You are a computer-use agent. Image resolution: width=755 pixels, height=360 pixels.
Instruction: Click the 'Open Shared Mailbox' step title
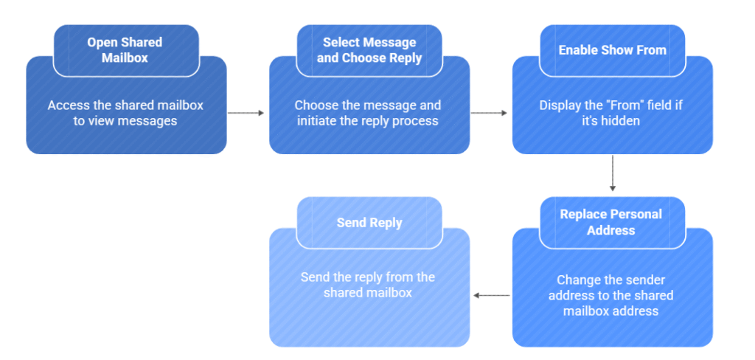click(125, 49)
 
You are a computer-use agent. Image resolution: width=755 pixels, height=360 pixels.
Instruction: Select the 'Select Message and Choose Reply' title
click(369, 49)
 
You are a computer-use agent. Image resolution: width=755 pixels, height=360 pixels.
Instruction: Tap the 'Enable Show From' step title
click(612, 50)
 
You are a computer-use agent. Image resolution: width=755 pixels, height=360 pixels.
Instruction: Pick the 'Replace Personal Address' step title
click(611, 222)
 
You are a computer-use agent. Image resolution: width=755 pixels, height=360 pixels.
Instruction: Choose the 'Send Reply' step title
click(369, 222)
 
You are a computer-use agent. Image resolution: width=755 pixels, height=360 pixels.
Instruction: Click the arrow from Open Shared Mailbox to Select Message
click(246, 113)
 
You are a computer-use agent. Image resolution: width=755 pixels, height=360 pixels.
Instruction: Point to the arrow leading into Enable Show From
click(489, 113)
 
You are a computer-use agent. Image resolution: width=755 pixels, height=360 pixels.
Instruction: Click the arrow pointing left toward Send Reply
click(491, 295)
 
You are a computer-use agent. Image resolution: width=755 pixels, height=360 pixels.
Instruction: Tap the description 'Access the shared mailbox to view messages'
click(125, 113)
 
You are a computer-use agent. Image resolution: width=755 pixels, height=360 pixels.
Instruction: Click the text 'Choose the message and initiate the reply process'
click(368, 113)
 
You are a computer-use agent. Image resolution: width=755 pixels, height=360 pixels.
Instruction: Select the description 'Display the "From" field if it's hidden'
click(611, 113)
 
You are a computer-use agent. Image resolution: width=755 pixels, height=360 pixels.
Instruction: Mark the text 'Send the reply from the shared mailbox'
click(368, 285)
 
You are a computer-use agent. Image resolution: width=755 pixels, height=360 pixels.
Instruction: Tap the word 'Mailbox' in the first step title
click(125, 58)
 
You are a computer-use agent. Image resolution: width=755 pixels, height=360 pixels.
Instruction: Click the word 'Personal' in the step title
click(636, 214)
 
